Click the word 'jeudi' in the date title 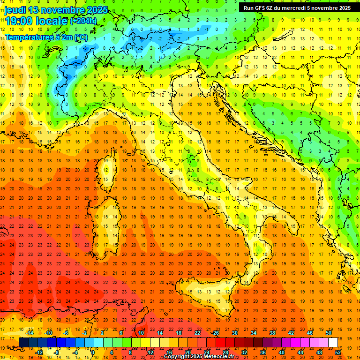click(16, 10)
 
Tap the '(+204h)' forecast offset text click(83, 21)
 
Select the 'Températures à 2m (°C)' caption click(46, 37)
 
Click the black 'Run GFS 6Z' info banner click(297, 7)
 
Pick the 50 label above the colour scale click(328, 333)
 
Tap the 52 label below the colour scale click(337, 352)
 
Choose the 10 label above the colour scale click(141, 333)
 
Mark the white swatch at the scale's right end click(333, 342)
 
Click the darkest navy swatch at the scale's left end click(23, 342)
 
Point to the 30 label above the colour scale click(234, 333)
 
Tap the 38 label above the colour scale click(272, 333)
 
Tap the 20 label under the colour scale click(187, 352)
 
